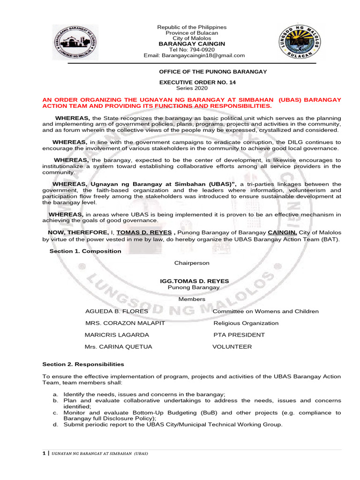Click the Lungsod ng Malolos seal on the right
click(x=298, y=42)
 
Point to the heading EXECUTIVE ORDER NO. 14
click(x=197, y=82)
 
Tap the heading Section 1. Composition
click(x=85, y=251)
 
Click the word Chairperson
click(x=192, y=263)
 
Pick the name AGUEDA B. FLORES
click(x=117, y=311)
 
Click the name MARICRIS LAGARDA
click(x=117, y=335)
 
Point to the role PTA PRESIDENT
click(x=239, y=335)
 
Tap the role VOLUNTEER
click(x=232, y=347)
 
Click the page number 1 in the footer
click(x=44, y=454)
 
